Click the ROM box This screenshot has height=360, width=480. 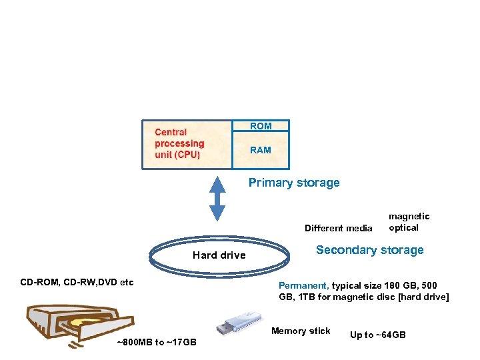tap(261, 126)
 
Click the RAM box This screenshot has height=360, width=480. tap(261, 150)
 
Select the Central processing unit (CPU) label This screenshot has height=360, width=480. tap(179, 143)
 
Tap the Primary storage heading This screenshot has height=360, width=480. tap(294, 183)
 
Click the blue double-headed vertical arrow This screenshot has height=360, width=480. tap(217, 199)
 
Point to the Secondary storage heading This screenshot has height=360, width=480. tap(369, 250)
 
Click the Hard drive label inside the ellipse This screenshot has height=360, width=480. tap(219, 255)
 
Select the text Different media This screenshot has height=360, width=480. tap(338, 228)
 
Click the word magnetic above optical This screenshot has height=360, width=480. tap(409, 216)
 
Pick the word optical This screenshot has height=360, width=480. tap(404, 227)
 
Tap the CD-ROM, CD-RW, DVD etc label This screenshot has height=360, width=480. tap(77, 282)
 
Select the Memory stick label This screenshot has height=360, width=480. tap(301, 331)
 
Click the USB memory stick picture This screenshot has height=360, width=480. tap(238, 323)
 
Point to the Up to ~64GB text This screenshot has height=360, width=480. tap(377, 335)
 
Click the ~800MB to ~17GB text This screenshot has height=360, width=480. tap(156, 342)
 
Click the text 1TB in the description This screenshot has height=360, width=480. tap(306, 297)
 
